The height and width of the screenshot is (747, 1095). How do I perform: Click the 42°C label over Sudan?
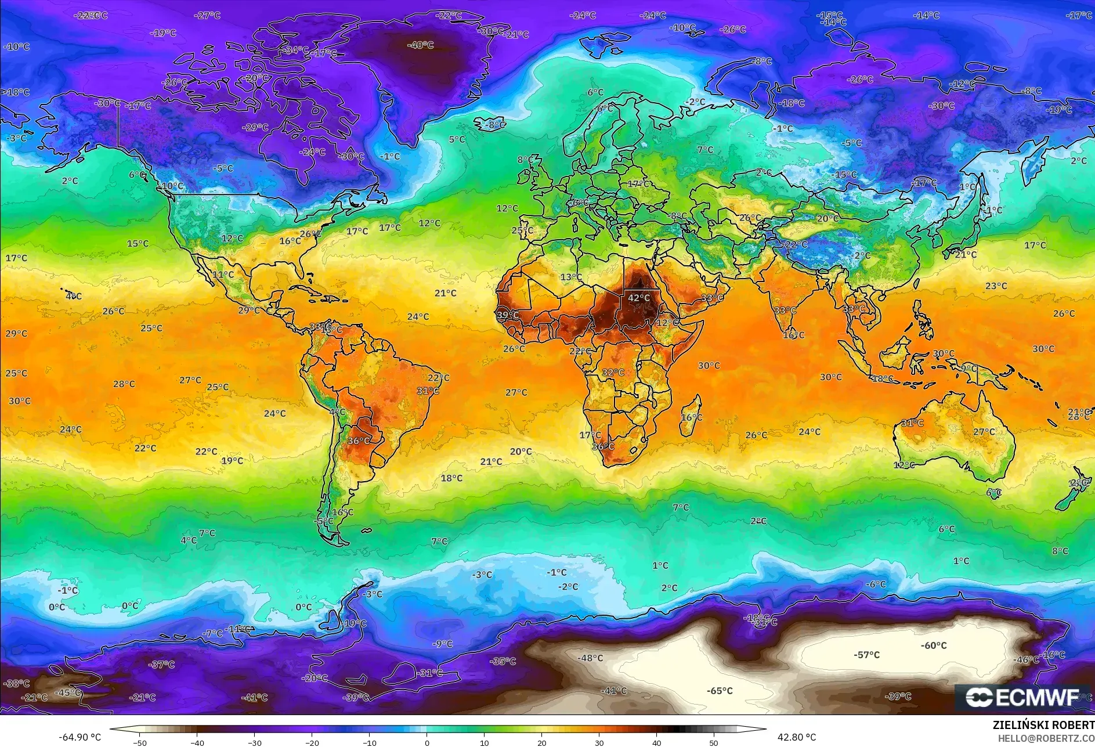click(x=638, y=298)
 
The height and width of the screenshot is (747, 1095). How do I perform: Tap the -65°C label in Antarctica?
click(x=720, y=691)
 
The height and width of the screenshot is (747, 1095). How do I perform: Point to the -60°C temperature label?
click(x=933, y=645)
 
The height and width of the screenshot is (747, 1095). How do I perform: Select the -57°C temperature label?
click(x=866, y=655)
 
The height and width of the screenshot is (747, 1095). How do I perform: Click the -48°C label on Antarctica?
click(x=590, y=658)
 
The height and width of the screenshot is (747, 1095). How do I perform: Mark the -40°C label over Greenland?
click(x=420, y=45)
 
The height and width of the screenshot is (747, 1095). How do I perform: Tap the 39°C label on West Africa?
click(x=508, y=315)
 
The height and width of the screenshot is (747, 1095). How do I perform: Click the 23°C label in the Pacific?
click(x=996, y=286)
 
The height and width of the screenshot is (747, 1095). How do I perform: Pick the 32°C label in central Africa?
click(x=613, y=372)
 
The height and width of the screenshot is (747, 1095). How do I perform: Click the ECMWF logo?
click(x=1022, y=698)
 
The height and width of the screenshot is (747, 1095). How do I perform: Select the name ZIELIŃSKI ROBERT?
click(x=1043, y=725)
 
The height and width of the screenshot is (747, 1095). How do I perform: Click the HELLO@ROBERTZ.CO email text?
click(x=1046, y=738)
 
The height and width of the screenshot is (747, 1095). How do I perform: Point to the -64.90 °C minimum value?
click(x=79, y=737)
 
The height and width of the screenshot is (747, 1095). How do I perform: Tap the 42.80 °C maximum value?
click(x=796, y=737)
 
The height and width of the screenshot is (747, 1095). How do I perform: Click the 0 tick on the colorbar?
click(x=427, y=742)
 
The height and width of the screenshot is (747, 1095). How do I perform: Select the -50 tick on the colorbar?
click(x=140, y=742)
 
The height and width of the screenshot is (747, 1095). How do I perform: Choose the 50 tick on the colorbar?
click(x=713, y=742)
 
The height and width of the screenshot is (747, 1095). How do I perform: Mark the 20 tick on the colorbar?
click(x=541, y=742)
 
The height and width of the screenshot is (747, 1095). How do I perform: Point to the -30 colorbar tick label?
click(x=254, y=742)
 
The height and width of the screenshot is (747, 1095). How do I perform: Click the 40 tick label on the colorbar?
click(x=656, y=742)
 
